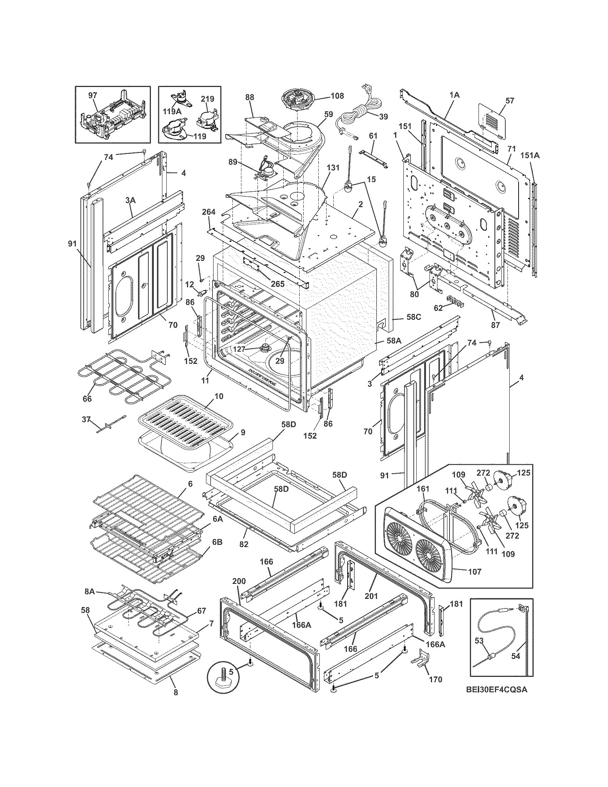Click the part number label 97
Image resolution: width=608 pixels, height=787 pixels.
93,95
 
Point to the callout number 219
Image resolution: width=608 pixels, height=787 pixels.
207,99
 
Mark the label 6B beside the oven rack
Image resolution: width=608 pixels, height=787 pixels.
217,552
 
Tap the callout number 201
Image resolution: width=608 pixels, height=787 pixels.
371,596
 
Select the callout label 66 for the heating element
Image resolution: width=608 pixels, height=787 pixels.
87,399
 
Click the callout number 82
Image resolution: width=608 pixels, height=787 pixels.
244,544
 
